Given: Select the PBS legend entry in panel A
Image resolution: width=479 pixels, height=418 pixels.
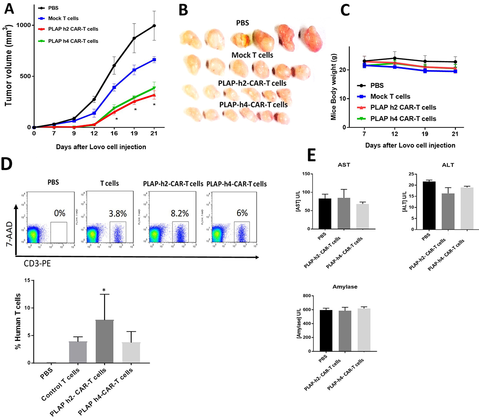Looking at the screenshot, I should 53,8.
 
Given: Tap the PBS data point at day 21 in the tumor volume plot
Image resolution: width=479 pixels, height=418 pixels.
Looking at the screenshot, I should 154,26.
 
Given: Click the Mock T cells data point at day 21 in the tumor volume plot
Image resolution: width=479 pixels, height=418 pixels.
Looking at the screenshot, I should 154,60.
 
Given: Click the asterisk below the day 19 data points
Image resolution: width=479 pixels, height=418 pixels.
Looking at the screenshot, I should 135,109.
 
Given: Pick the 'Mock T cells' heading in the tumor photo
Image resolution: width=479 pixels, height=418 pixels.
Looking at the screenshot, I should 252,55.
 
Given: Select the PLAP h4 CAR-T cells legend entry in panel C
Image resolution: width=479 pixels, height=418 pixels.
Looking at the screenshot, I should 403,119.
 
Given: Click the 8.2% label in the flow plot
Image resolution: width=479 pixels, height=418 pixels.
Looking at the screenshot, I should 180,213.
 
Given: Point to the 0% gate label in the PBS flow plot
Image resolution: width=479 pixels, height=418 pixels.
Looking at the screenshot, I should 59,213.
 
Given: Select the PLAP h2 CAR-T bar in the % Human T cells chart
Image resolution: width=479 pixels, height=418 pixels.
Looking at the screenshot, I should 105,341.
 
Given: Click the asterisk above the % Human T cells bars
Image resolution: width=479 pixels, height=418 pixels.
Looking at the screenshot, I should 104,290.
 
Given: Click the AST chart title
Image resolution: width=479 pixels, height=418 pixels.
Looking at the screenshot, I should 344,165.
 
